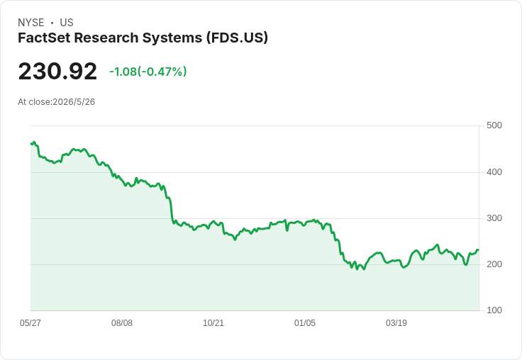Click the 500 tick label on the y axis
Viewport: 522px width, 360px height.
494,125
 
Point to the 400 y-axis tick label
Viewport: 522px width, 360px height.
494,172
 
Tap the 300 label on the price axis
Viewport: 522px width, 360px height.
494,218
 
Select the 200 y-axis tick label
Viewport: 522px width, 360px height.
494,264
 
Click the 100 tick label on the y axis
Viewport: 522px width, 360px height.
494,310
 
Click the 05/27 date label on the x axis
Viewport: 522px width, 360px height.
30,322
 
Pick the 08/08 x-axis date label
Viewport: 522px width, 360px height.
122,322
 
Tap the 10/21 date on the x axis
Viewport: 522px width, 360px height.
213,322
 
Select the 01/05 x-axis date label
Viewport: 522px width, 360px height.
304,322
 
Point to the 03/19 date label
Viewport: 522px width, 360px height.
396,322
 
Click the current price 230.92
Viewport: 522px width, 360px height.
57,71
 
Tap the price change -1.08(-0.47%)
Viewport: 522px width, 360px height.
148,72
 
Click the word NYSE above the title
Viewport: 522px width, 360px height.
31,23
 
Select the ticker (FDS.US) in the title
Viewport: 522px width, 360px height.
237,38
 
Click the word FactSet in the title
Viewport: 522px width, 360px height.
44,38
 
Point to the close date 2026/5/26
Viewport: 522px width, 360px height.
74,102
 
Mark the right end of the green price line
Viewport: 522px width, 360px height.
479,250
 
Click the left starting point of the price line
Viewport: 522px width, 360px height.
31,144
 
